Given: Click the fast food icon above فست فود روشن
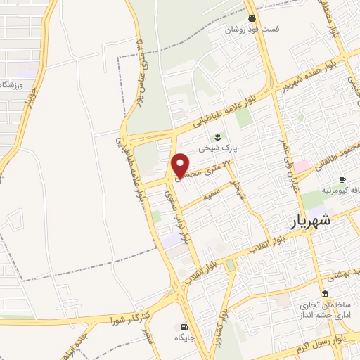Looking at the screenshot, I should [x=252, y=18].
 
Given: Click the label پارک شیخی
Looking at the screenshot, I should [x=219, y=149].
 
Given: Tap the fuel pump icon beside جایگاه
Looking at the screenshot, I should [x=184, y=327].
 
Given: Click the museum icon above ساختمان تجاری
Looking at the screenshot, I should [x=324, y=294].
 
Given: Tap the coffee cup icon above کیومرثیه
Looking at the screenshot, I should [x=342, y=179].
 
